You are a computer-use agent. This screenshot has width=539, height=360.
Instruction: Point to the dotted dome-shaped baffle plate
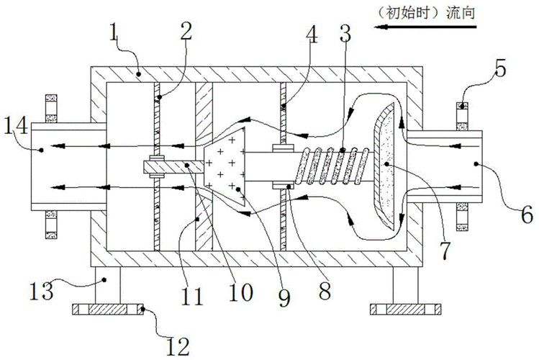pos(387,166)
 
